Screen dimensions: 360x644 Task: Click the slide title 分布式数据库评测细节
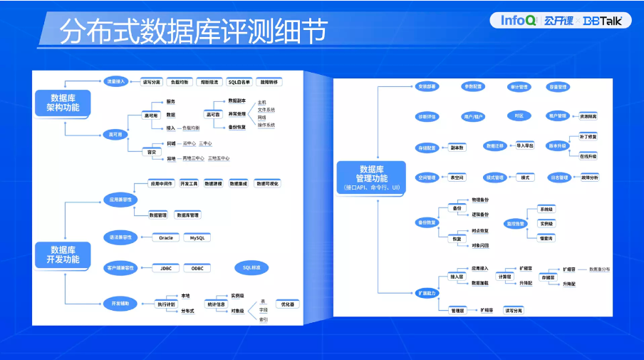click(x=194, y=31)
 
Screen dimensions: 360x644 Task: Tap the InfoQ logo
click(x=517, y=20)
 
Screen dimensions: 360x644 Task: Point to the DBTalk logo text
click(x=602, y=21)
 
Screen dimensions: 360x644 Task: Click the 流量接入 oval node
click(x=115, y=81)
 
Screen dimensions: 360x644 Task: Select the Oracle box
click(x=165, y=237)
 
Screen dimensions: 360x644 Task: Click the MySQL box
click(x=197, y=237)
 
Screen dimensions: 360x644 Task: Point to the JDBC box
click(x=165, y=268)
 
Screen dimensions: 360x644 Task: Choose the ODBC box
click(x=197, y=268)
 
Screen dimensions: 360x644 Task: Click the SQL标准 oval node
click(x=251, y=267)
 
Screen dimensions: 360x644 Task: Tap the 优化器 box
click(x=287, y=304)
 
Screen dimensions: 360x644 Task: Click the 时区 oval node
click(x=519, y=115)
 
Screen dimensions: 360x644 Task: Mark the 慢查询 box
click(x=546, y=237)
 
